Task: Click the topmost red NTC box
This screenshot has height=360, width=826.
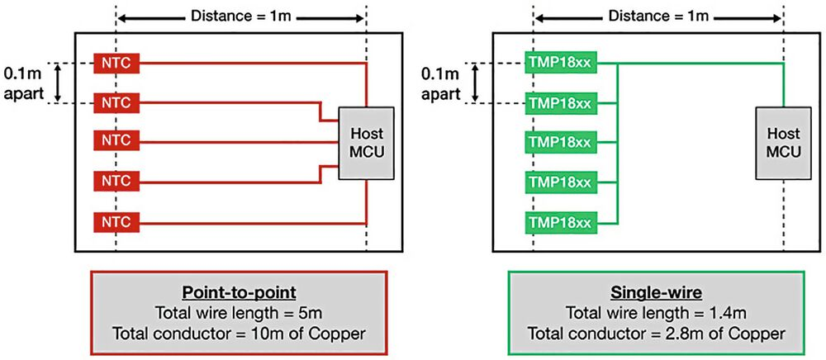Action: pos(116,63)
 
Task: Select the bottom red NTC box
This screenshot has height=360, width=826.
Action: pos(116,222)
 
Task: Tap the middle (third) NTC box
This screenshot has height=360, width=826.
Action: pos(116,142)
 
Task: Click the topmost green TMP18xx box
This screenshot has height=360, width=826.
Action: pos(559,63)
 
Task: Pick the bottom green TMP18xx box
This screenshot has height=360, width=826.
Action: pos(559,222)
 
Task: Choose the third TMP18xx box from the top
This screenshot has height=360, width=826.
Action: pos(559,142)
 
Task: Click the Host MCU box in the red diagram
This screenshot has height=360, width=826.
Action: pos(366,142)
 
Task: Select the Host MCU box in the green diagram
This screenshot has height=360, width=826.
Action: pos(783,142)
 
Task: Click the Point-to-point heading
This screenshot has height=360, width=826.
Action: pos(238,294)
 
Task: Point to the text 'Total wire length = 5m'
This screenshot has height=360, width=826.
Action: pos(238,313)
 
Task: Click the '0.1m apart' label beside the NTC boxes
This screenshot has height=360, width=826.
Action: pos(22,83)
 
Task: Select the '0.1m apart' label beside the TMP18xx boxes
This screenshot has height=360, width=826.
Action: pos(441,83)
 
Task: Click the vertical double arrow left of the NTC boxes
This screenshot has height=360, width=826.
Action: pos(59,83)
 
